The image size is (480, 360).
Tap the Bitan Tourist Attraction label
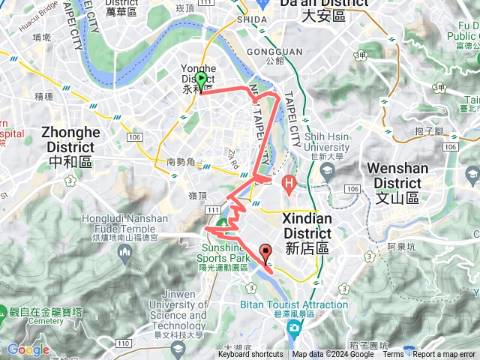(294, 305)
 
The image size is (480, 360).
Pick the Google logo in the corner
(28, 349)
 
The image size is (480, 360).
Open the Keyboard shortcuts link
(250, 355)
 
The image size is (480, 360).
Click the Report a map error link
(445, 355)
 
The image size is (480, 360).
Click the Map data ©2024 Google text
(332, 355)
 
